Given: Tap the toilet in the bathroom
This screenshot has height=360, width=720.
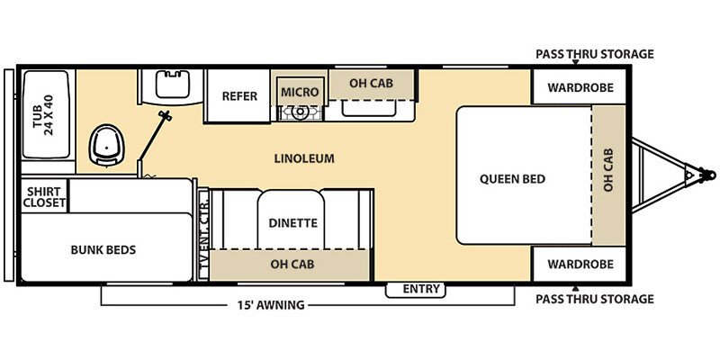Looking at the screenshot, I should [106, 145].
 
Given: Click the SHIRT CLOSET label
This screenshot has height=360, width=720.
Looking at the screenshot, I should [44, 197].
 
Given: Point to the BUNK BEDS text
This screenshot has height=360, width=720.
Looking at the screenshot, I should [103, 249].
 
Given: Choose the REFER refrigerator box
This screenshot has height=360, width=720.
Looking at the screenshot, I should [238, 96].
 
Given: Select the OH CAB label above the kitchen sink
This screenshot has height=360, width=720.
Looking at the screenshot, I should [371, 85].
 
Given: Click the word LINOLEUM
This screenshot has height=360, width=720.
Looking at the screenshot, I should [304, 158].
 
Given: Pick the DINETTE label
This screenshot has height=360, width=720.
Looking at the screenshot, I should [293, 223].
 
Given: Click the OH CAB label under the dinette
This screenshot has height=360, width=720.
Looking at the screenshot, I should [292, 264].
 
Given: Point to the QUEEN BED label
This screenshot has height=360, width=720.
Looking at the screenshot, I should [512, 178].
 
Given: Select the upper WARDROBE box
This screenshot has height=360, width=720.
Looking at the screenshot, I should [576, 89].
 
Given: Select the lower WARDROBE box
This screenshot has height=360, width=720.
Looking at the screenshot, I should [576, 265].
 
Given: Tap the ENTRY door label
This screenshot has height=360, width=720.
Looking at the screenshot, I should [421, 289].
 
